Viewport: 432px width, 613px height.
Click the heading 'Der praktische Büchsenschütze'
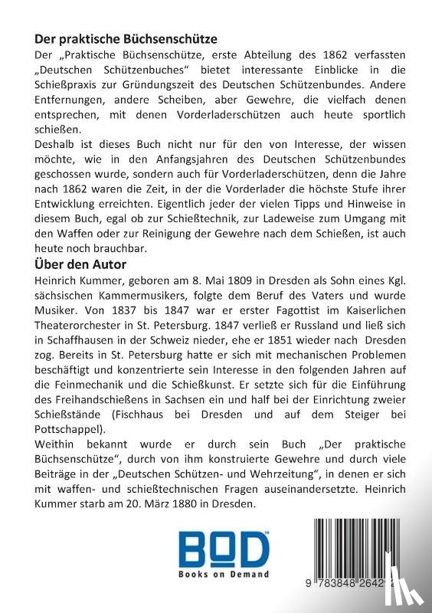coord(126,38)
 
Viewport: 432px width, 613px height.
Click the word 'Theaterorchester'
coord(81,333)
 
